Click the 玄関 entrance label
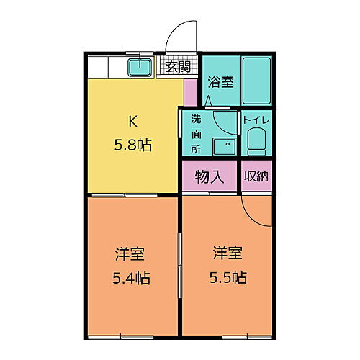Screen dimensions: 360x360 click(177, 68)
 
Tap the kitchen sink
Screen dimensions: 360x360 click(140, 68)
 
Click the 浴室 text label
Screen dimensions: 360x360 click(220, 82)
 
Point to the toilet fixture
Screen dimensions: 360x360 click(256, 144)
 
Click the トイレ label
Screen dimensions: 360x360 click(256, 120)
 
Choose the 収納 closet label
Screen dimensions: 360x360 click(256, 177)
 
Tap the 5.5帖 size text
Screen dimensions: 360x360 click(227, 277)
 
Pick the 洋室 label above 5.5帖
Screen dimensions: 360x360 click(227, 253)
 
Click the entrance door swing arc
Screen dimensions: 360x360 click(179, 36)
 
